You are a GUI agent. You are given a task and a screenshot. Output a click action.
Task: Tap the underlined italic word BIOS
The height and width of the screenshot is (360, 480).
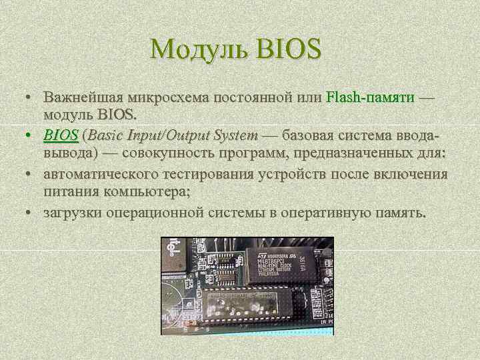tap(61, 136)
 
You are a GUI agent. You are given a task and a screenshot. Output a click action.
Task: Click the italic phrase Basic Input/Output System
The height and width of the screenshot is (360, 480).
tap(172, 136)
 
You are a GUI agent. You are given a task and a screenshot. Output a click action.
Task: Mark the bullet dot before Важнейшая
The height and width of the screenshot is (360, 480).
tap(31, 97)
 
